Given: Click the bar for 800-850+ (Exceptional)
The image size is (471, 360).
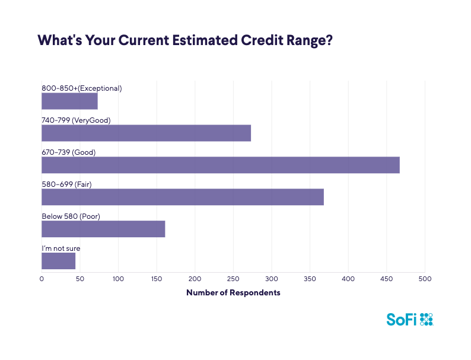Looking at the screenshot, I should [x=69, y=101].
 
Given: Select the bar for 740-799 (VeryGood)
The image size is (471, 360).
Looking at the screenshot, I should [x=146, y=133].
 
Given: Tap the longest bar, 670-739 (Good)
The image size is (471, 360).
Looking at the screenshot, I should [x=220, y=165].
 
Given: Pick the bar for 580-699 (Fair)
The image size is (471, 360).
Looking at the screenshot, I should [x=183, y=197].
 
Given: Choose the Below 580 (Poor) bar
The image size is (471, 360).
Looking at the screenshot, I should [x=103, y=229].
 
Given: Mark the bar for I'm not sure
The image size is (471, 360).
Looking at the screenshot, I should [x=58, y=261].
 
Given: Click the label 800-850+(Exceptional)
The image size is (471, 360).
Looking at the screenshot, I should [x=81, y=88].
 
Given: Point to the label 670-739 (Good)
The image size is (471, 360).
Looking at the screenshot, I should [x=68, y=152].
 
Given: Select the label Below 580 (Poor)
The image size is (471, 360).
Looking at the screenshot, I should [x=71, y=216].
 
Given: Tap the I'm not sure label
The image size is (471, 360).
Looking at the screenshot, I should [x=61, y=248].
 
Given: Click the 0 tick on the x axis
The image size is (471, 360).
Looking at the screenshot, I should [x=42, y=278].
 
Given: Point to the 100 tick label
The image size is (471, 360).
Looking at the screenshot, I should [x=118, y=278].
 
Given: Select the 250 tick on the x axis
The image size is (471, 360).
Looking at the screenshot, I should [x=233, y=278].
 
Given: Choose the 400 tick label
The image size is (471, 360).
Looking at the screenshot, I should [x=348, y=278].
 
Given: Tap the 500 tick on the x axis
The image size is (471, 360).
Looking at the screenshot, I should [x=424, y=278].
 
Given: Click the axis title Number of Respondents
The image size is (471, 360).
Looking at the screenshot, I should [x=233, y=292].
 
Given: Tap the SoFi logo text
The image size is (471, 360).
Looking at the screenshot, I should [x=402, y=319].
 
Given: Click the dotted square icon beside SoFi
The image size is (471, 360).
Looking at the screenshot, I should [x=427, y=319].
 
